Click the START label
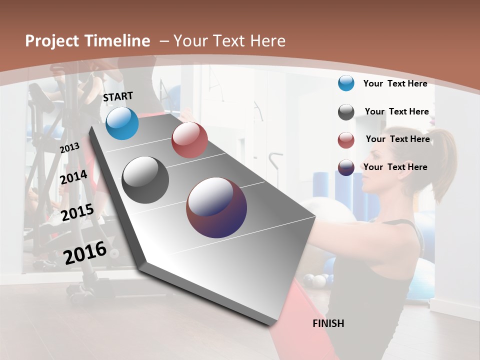point(118,96)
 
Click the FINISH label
point(328,323)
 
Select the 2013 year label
point(69,148)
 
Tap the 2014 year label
point(74,177)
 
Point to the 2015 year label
point(77,212)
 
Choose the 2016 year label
point(85,253)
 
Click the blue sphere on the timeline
point(122,123)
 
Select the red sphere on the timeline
point(189,140)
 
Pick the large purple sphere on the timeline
point(216,207)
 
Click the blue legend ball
point(346,83)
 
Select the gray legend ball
point(346,112)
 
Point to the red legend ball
point(346,140)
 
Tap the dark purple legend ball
point(346,167)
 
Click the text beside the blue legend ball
point(395,83)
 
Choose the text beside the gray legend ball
point(396,111)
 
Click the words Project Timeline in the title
point(87,41)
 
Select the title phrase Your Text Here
point(229,41)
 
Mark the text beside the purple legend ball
point(395,167)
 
